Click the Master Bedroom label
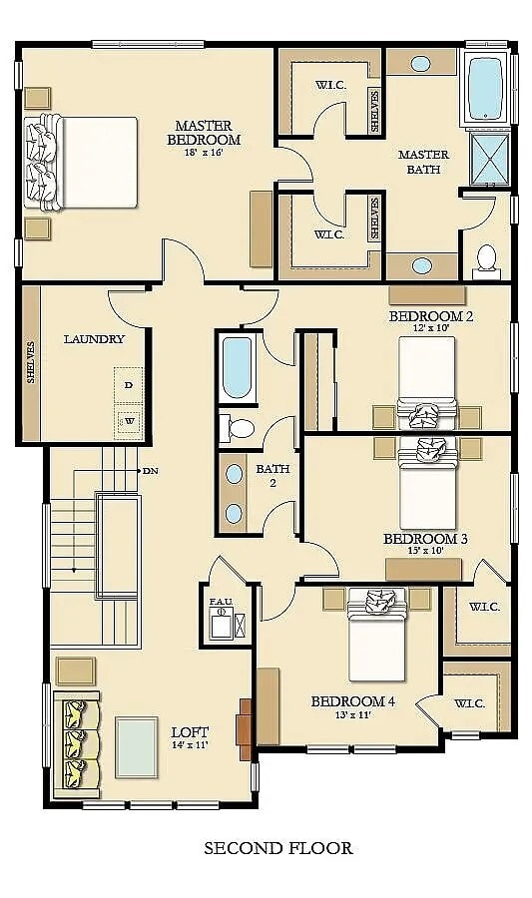(x=204, y=133)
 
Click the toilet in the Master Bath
(x=486, y=258)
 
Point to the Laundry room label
(x=94, y=339)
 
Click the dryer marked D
(x=129, y=384)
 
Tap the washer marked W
(x=129, y=421)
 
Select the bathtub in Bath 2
(x=239, y=367)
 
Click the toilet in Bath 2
(x=239, y=429)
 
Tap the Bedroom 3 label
(x=425, y=539)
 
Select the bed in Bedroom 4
(x=376, y=639)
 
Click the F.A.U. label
(x=221, y=602)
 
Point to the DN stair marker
(x=150, y=470)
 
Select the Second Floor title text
(x=277, y=849)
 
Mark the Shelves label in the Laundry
(x=31, y=362)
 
